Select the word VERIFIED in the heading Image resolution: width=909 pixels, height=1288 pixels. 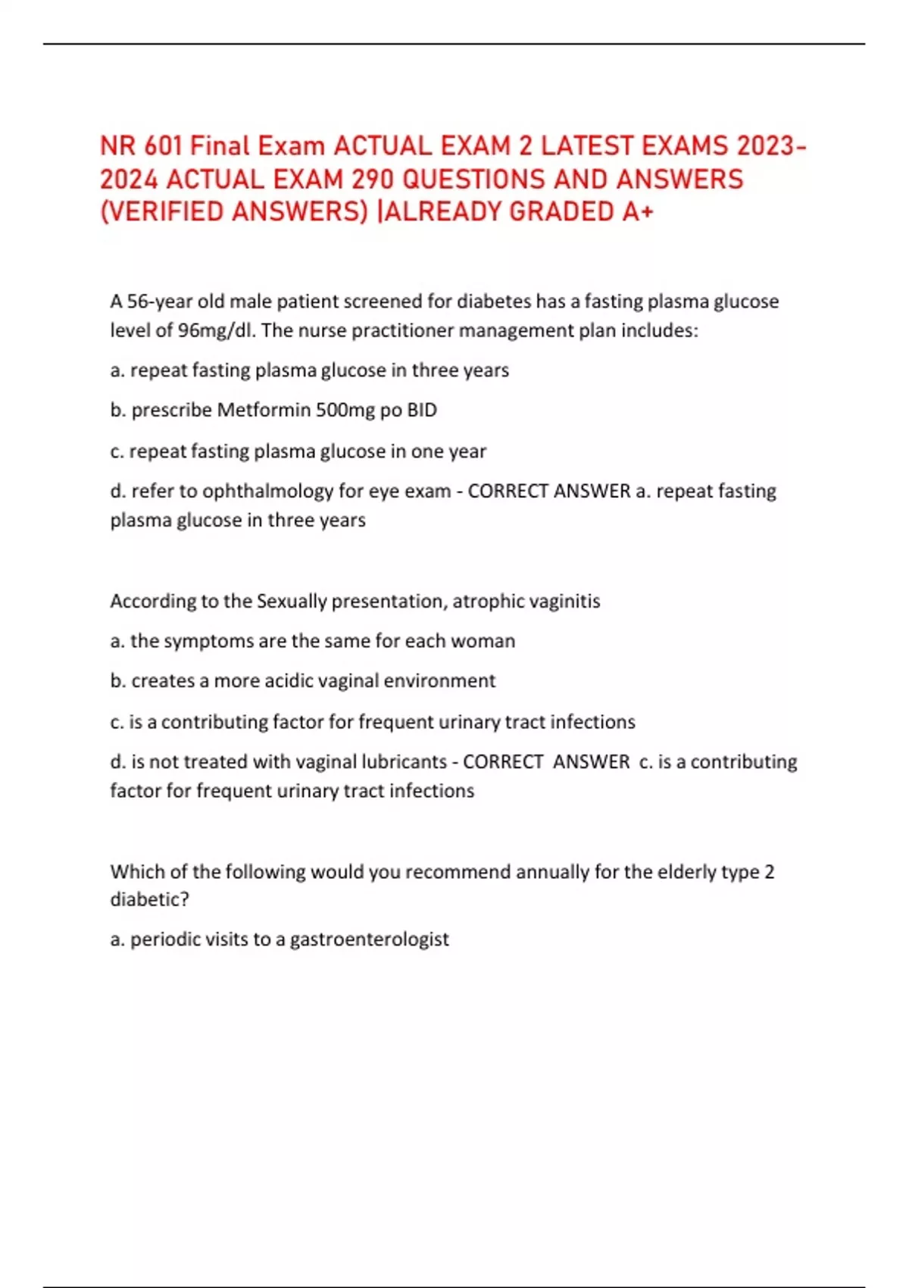coord(166,212)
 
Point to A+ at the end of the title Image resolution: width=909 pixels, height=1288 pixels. coord(637,212)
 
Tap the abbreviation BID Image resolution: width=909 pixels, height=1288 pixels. coord(422,410)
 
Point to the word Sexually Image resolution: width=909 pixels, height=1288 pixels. coord(292,601)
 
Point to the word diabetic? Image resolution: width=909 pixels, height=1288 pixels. coord(149,899)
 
